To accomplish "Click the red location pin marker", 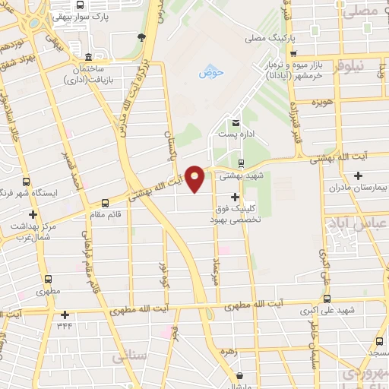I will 195,179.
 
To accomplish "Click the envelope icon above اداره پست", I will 236,123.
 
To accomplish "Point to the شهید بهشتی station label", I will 241,175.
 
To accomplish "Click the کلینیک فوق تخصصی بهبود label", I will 236,212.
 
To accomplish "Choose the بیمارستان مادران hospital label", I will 359,186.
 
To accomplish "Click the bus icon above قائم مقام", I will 105,203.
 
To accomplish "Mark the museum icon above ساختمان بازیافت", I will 89,58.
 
